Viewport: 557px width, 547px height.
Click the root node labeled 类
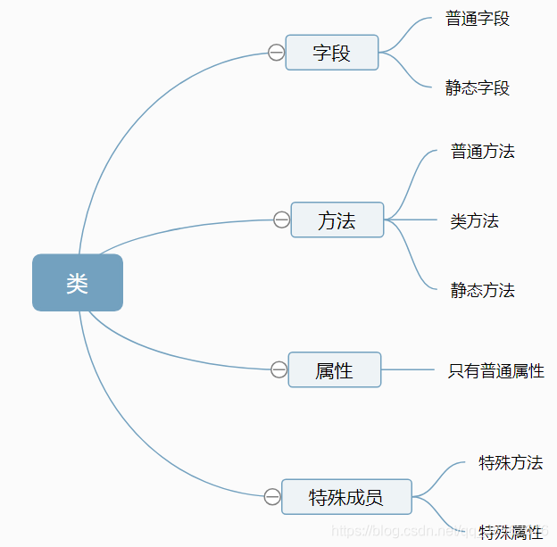click(78, 283)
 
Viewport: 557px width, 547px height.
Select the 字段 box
click(332, 53)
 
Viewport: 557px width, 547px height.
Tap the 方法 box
click(337, 220)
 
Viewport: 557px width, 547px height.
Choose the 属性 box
click(335, 369)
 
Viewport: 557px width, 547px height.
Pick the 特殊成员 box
click(346, 497)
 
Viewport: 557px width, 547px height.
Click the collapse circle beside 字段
click(276, 53)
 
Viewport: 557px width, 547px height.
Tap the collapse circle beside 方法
click(281, 220)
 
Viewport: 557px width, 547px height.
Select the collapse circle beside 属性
click(278, 369)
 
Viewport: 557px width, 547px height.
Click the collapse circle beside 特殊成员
click(271, 497)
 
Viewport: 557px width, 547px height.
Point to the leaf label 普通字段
click(478, 18)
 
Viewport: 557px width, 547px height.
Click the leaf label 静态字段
click(478, 87)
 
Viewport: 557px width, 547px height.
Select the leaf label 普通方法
click(483, 151)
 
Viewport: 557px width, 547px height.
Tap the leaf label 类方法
click(474, 220)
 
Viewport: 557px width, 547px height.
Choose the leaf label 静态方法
click(483, 290)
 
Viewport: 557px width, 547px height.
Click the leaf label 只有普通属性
click(495, 370)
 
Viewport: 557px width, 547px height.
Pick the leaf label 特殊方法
click(511, 462)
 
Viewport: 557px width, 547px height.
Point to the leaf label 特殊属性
click(511, 533)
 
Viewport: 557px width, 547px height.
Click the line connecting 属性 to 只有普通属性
click(407, 369)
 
